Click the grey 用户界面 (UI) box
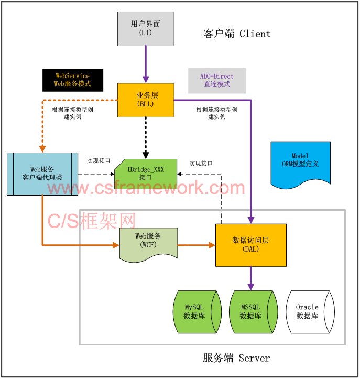(x=145, y=28)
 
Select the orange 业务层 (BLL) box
(x=145, y=100)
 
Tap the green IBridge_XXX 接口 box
(x=146, y=174)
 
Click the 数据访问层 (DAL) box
(x=251, y=244)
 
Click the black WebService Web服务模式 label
(x=73, y=80)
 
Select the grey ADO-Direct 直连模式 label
(x=217, y=80)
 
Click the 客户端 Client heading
(x=237, y=34)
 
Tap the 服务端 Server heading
(x=236, y=359)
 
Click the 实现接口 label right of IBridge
(x=201, y=164)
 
